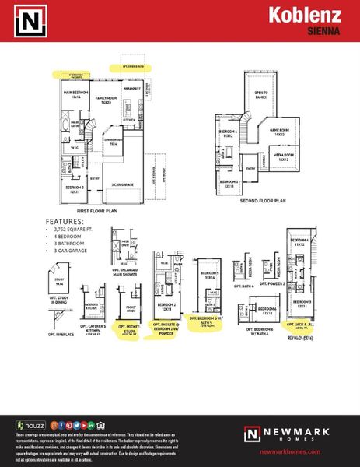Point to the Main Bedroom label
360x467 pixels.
click(x=72, y=95)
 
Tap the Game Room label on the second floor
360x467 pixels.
click(x=279, y=132)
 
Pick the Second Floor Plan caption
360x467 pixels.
click(x=264, y=200)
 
